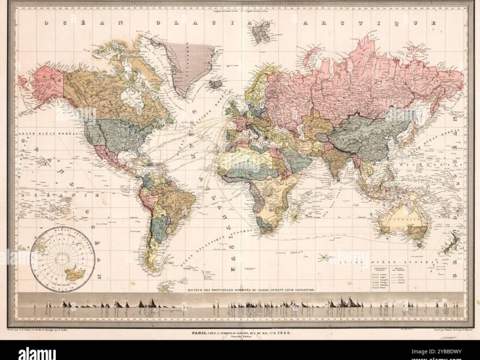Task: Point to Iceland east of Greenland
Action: (217, 84)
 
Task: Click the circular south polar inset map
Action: (63, 259)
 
